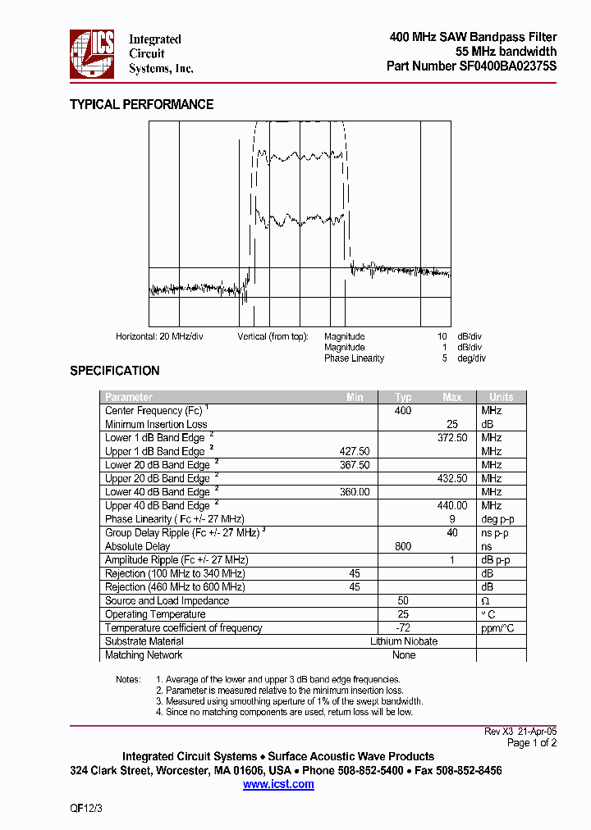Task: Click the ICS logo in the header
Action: pos(92,54)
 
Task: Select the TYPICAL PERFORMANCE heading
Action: pos(141,104)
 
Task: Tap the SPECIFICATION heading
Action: pos(114,371)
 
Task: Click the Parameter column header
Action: pos(129,397)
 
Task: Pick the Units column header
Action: pos(501,397)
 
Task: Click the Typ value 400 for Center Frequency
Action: pos(403,411)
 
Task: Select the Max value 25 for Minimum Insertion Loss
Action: pos(452,424)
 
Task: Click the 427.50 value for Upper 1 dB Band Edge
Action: pos(355,452)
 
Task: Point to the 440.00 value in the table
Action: pos(452,506)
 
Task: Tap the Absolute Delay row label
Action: pos(137,546)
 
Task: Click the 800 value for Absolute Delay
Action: pos(403,546)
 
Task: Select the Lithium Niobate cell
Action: pos(404,641)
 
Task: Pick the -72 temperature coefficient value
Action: pos(403,628)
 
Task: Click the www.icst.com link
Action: pos(278,785)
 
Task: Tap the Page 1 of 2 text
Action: pos(532,743)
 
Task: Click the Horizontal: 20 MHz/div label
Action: pos(159,336)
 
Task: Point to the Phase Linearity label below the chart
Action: pos(354,358)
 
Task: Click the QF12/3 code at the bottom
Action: pos(86,809)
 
